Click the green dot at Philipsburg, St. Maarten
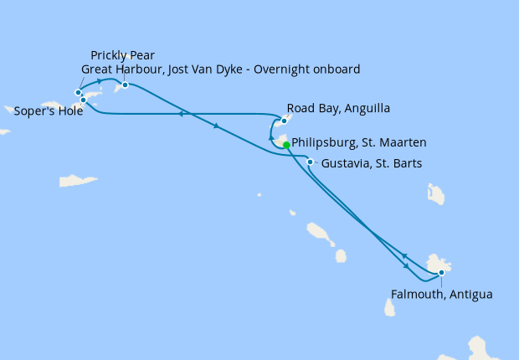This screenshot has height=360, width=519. (x=287, y=145)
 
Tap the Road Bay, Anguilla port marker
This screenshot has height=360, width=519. (x=284, y=121)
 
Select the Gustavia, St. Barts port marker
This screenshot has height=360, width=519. (x=311, y=162)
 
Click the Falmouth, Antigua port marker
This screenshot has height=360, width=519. (x=441, y=273)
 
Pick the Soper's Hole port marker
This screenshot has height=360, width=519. (x=84, y=100)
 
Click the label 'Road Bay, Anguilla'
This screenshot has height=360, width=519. (x=338, y=109)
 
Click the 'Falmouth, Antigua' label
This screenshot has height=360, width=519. (x=441, y=295)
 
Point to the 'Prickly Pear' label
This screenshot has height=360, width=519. (x=122, y=55)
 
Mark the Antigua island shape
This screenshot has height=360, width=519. (x=438, y=264)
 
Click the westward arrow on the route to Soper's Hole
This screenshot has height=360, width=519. (x=180, y=114)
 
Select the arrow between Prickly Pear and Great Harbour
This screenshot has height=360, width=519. (x=100, y=81)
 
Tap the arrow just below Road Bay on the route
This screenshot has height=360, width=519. (x=270, y=138)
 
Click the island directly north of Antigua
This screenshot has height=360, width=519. (x=436, y=194)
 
